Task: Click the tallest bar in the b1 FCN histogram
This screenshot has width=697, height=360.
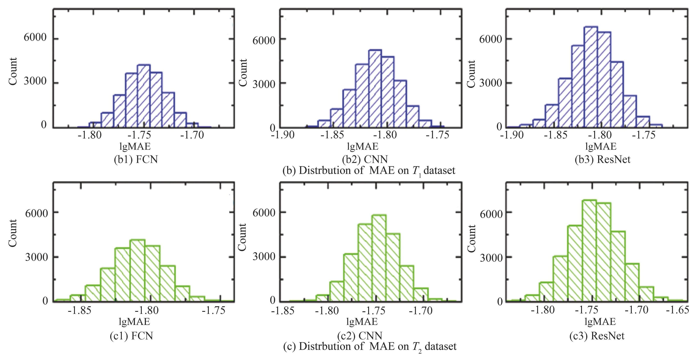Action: tap(144, 96)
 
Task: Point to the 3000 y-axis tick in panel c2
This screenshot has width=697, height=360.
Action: tap(264, 256)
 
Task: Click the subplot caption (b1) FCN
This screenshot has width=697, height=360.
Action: tap(136, 159)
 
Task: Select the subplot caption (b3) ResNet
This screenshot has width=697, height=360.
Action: tap(603, 159)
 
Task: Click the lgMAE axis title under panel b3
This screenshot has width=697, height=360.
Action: tap(601, 147)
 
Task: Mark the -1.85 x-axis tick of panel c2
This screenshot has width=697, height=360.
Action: tap(283, 311)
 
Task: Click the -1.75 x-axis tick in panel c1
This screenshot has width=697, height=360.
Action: tap(214, 310)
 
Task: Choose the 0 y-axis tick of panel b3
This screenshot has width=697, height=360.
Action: tap(499, 127)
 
